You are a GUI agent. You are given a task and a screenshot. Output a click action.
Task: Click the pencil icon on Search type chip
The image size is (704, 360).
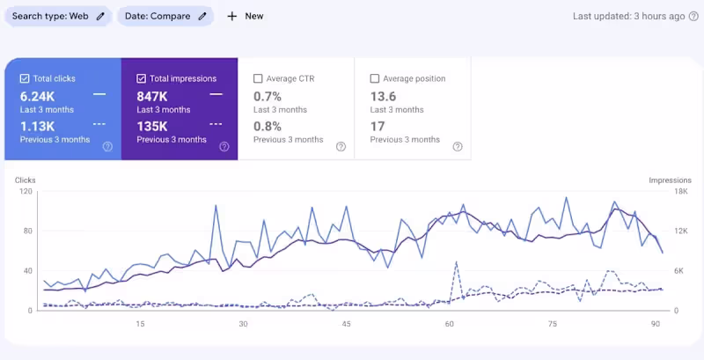pos(100,16)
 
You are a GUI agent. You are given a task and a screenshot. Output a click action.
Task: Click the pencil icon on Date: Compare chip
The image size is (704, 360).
pos(202,16)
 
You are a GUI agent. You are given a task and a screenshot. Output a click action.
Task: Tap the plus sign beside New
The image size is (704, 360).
pos(232,16)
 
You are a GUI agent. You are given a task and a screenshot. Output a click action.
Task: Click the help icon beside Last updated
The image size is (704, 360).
pos(693,16)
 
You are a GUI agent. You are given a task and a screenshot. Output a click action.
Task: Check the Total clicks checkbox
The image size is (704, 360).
pos(25,78)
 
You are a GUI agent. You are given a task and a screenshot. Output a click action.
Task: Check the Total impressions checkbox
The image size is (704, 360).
pos(142,78)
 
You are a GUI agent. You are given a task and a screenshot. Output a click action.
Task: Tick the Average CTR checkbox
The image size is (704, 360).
pos(258,78)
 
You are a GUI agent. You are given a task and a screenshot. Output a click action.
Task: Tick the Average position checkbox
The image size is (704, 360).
pos(375,78)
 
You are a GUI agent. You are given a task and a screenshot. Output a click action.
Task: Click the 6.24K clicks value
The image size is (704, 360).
pos(37,95)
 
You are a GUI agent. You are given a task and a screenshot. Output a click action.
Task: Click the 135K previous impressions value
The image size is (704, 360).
pos(154,125)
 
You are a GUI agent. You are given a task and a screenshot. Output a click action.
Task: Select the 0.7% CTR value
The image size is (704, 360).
pos(268,95)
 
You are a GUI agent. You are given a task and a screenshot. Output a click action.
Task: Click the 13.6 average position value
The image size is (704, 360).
pos(383,95)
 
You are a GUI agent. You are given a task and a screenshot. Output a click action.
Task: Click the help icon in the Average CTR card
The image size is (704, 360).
pos(341,146)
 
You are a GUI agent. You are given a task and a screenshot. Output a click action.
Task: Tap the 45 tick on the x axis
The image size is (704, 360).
pos(347,324)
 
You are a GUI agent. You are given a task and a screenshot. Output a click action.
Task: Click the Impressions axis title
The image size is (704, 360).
pos(670,180)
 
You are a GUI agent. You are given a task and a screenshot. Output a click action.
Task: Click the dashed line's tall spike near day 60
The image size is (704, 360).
pos(456,262)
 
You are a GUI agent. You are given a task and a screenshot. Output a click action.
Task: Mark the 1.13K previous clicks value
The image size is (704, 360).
pos(37,125)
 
